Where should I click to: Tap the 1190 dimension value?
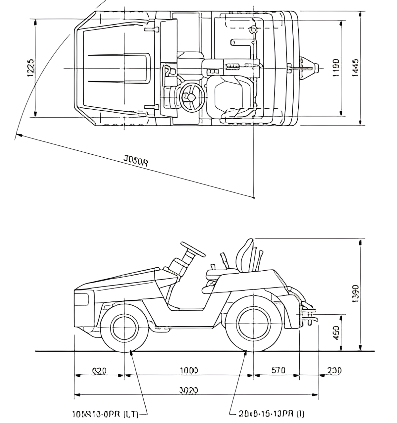coord(335,68)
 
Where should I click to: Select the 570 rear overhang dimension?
coord(279,370)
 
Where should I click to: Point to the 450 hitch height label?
coord(335,333)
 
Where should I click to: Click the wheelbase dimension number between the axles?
coord(189,370)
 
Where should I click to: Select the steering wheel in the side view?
coord(193,249)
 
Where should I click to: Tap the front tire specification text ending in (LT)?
coord(105,414)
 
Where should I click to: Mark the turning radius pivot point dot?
coord(253,198)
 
